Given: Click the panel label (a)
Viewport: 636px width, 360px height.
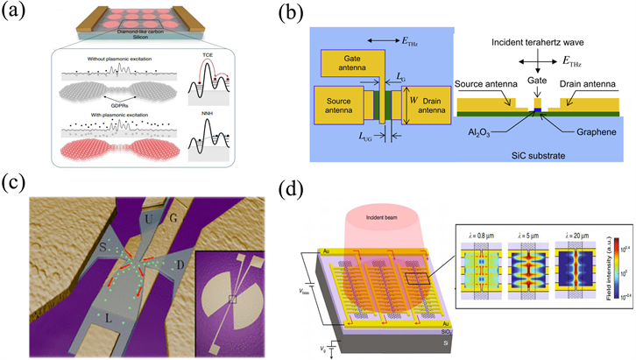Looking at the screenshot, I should click(18, 11).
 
